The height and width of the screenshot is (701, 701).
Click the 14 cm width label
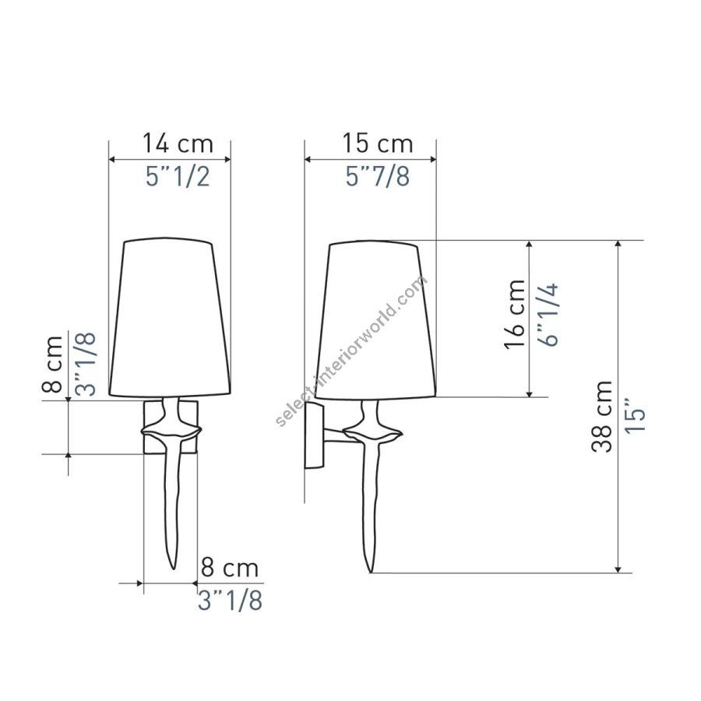coord(178,143)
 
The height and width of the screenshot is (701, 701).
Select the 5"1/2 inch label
coord(178,177)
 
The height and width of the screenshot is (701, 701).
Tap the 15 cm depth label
coord(377,143)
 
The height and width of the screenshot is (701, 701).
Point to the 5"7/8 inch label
coord(377,176)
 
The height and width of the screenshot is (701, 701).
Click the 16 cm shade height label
coord(515,315)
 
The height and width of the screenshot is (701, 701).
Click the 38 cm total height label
coord(602,416)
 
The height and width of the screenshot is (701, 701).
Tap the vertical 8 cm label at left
coord(52,364)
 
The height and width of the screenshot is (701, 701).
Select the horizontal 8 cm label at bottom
coord(230,568)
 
